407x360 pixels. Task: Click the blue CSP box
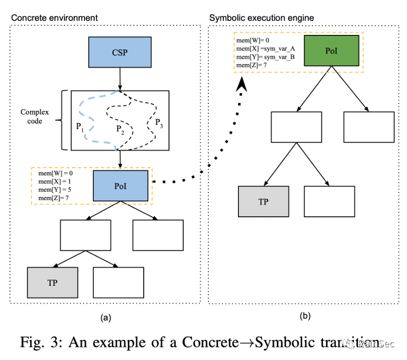[x=119, y=52]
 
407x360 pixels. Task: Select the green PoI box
[x=331, y=50]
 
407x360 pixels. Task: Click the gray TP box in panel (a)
[x=52, y=283]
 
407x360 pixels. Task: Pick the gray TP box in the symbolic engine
[x=263, y=201]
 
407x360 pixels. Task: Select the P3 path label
[x=159, y=123]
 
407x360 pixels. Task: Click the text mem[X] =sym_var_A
[x=265, y=49]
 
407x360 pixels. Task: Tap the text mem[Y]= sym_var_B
[x=265, y=57]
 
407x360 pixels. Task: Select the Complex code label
[x=34, y=116]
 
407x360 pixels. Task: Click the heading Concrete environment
[x=54, y=18]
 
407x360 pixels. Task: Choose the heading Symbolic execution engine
[x=261, y=18]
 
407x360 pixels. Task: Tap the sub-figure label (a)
[x=106, y=318]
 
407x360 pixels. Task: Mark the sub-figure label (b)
[x=305, y=316]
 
